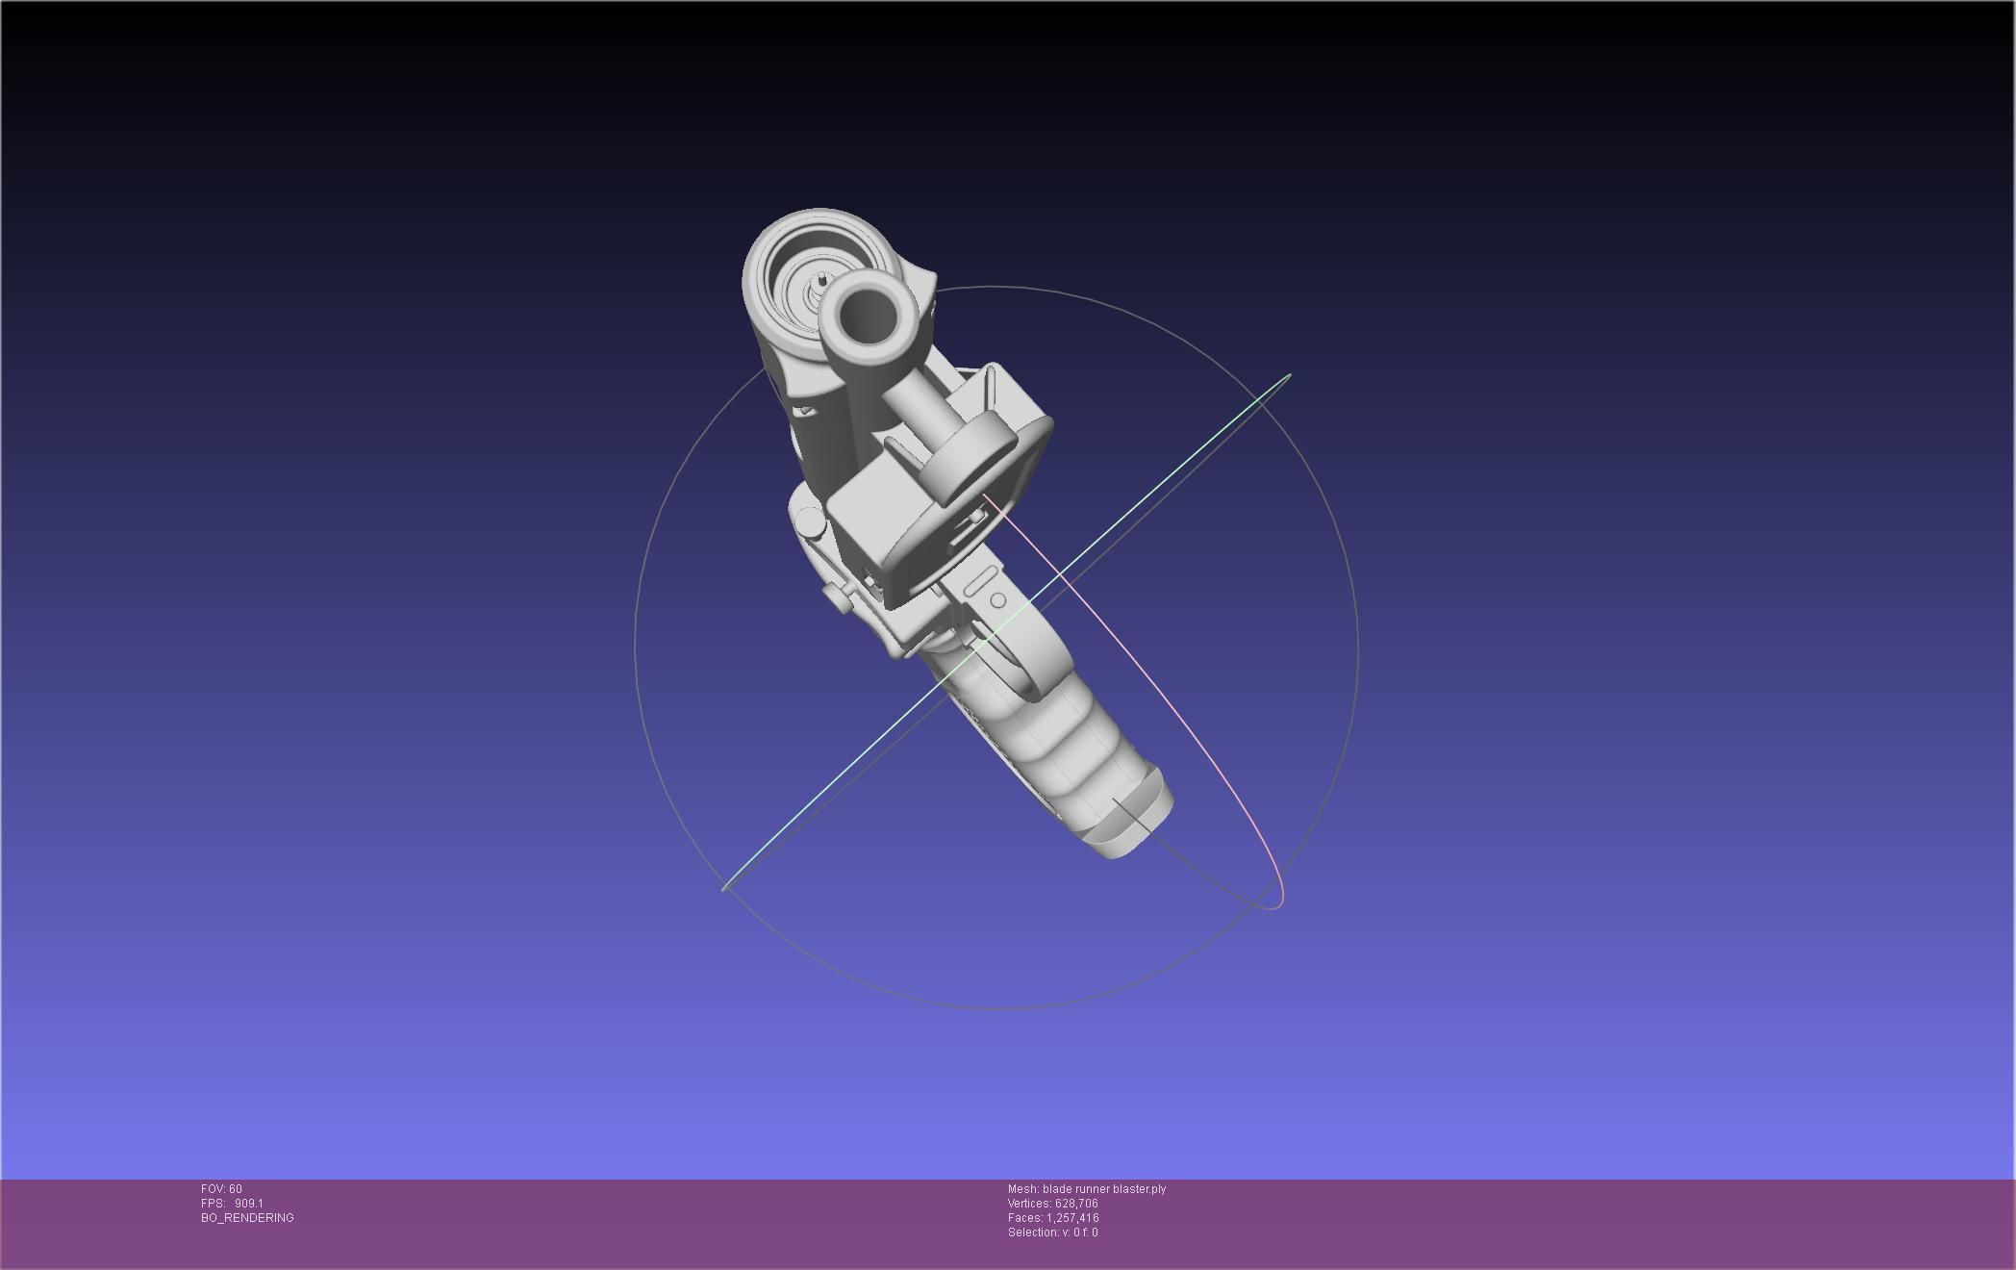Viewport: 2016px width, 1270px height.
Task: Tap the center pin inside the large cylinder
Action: (x=823, y=281)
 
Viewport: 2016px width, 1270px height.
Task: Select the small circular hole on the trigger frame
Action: (x=998, y=600)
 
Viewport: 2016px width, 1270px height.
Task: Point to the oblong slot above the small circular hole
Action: (x=979, y=581)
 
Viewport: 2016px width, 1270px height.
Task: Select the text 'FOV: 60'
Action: (x=221, y=1189)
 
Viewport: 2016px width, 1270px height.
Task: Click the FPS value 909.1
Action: (x=248, y=1204)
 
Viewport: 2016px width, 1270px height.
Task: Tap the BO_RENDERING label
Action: (x=247, y=1218)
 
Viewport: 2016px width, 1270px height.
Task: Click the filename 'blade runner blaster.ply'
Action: (x=1104, y=1189)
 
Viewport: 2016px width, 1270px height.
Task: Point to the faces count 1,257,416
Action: (x=1072, y=1218)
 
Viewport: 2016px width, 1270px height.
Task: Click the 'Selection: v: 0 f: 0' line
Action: (x=1052, y=1232)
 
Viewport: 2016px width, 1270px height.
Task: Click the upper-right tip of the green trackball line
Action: (x=1289, y=375)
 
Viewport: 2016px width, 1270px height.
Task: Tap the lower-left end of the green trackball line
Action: (x=724, y=889)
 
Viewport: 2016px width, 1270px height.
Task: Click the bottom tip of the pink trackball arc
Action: (x=1275, y=906)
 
